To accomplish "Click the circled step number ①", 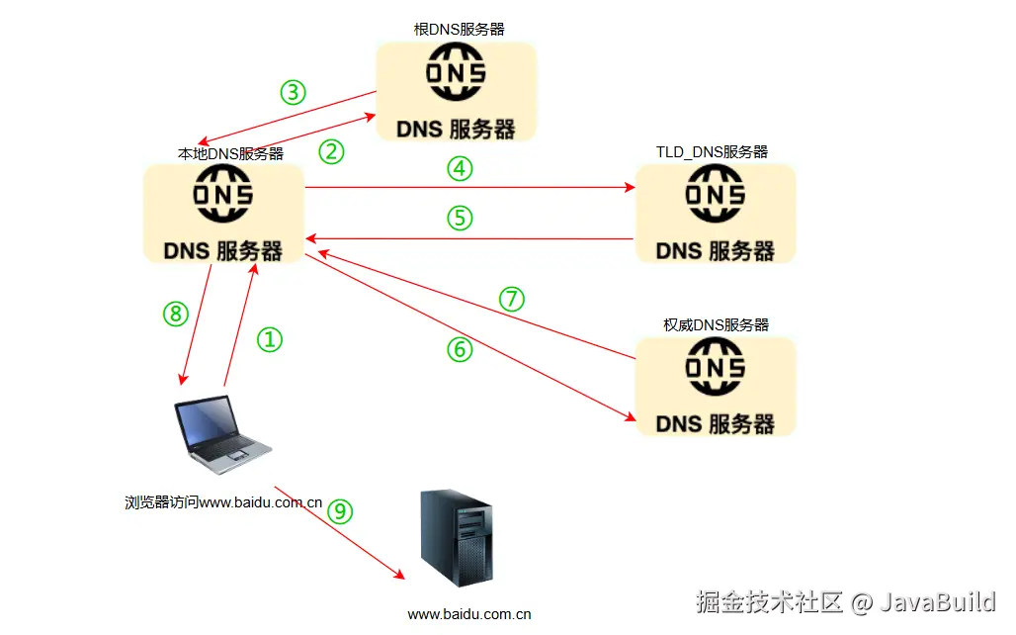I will [x=270, y=340].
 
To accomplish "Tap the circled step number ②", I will [x=331, y=151].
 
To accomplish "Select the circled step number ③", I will [x=293, y=93].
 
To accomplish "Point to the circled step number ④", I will [x=459, y=169].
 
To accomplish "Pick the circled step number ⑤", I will [x=460, y=218].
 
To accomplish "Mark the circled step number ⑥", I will [x=460, y=350].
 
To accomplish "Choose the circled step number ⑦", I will [x=511, y=300].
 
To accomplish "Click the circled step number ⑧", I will [x=175, y=314].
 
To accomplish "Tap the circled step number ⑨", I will [x=339, y=510].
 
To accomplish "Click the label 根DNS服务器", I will [x=459, y=30].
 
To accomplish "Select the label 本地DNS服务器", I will [x=230, y=153].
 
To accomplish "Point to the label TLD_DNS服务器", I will [x=712, y=152].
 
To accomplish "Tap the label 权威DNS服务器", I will [x=716, y=324].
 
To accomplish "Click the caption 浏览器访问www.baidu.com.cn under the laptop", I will [x=223, y=502].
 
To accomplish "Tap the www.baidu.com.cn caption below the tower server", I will [x=468, y=614].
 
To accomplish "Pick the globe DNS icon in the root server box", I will [x=456, y=75].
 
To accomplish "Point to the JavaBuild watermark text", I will [x=938, y=601].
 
